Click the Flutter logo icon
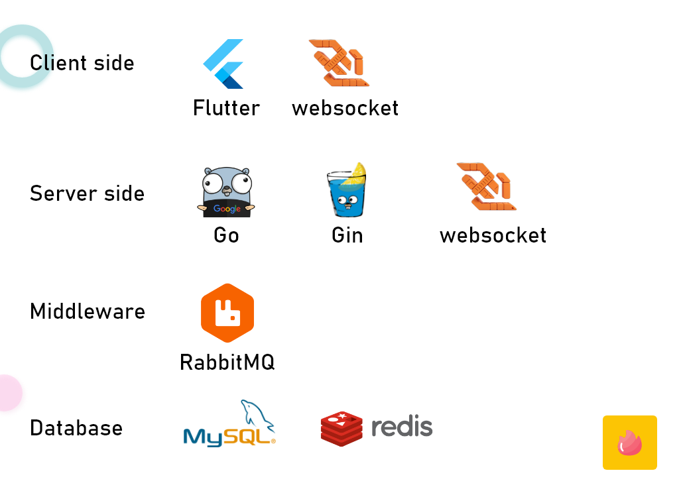click(x=223, y=64)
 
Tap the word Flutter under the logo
click(x=226, y=108)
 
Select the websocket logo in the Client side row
click(x=340, y=63)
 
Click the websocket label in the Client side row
click(x=345, y=108)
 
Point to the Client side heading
click(x=82, y=63)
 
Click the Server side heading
click(x=87, y=193)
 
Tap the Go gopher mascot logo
click(x=227, y=191)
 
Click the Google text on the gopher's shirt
click(x=227, y=209)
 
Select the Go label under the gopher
click(x=226, y=235)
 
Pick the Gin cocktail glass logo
click(x=346, y=191)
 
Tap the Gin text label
click(x=347, y=235)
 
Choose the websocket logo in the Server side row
click(x=487, y=187)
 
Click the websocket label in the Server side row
click(x=493, y=235)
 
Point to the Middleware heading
click(x=88, y=311)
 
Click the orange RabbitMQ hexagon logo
click(x=227, y=313)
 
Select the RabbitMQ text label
click(x=227, y=362)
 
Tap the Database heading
click(x=76, y=428)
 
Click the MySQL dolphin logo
click(x=229, y=424)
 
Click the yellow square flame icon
click(x=629, y=443)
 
